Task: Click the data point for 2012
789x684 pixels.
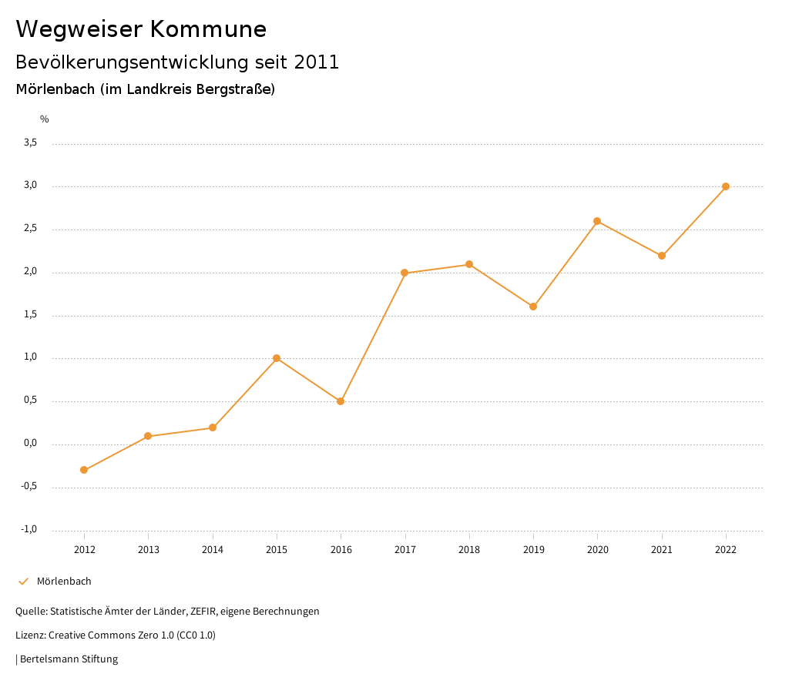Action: pos(84,470)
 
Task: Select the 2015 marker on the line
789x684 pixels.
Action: pos(277,358)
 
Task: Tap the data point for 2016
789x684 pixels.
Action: pos(341,401)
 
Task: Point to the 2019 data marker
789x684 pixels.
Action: pos(533,307)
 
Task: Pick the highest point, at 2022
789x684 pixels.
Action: pos(726,186)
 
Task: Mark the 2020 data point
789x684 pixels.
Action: pos(597,221)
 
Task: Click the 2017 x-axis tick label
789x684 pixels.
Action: pos(405,550)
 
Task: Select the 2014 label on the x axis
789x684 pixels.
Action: pos(213,550)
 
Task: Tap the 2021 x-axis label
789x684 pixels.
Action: pos(662,550)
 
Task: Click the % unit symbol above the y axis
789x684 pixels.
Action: pos(45,119)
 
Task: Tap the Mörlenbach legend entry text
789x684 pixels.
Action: pos(64,581)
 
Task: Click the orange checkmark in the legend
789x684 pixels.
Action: pos(23,581)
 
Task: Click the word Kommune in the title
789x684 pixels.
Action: pos(208,29)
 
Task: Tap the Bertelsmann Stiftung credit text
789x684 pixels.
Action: pos(69,659)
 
